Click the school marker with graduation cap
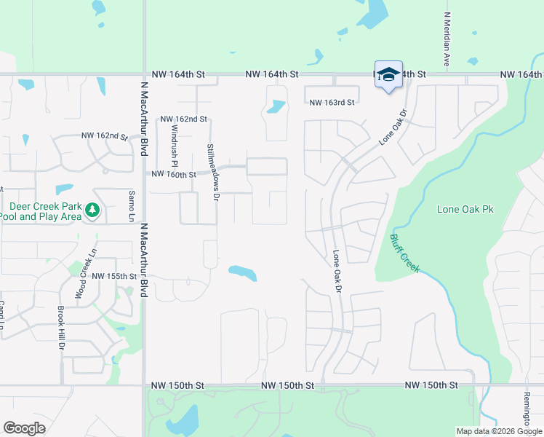point(388,75)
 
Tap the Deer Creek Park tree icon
point(92,210)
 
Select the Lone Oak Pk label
point(465,209)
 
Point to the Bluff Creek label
point(404,253)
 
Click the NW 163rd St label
point(331,103)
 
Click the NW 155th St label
point(115,276)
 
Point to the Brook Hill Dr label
point(60,328)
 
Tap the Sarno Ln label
point(132,206)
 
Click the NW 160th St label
point(173,175)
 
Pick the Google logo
point(24,428)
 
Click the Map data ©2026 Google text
point(499,431)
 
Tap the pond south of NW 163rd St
point(276,108)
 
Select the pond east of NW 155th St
point(242,273)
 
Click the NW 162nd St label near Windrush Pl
point(183,119)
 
